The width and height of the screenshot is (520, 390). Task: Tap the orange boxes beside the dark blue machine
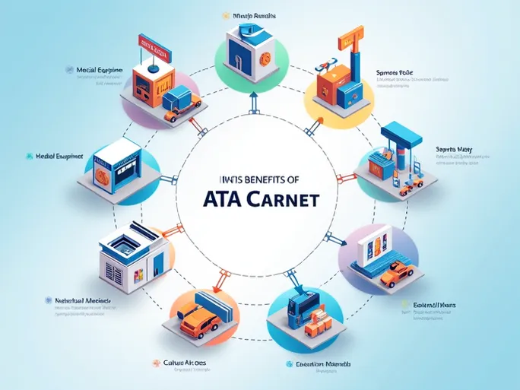[317, 319]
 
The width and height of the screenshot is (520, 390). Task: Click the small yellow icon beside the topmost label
[225, 14]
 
